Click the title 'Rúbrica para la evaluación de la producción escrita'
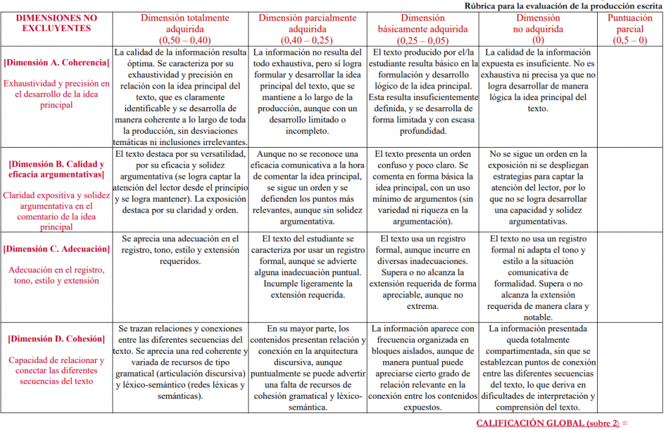(x=563, y=6)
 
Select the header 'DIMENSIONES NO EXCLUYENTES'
(x=57, y=23)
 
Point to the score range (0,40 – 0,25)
(x=306, y=40)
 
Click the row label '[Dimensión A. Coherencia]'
(x=57, y=63)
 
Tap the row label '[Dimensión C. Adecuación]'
(x=57, y=249)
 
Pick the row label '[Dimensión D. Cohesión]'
(x=57, y=339)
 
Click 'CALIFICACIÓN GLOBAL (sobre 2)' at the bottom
(x=552, y=423)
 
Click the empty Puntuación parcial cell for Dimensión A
(x=630, y=96)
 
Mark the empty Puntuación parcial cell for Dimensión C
(x=630, y=276)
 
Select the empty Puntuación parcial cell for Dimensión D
(x=630, y=367)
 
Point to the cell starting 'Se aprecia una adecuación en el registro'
(x=181, y=250)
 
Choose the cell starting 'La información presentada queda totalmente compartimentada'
(x=538, y=368)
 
